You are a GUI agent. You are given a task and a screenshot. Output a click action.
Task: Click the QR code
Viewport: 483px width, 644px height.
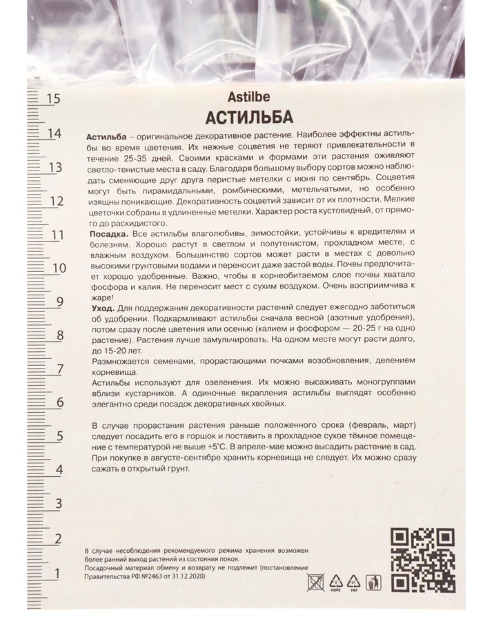tap(422, 560)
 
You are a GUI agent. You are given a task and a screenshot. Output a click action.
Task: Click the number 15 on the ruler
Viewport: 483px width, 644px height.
tap(52, 99)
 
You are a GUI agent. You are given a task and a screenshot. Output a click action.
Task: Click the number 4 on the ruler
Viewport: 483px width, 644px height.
tap(59, 471)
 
